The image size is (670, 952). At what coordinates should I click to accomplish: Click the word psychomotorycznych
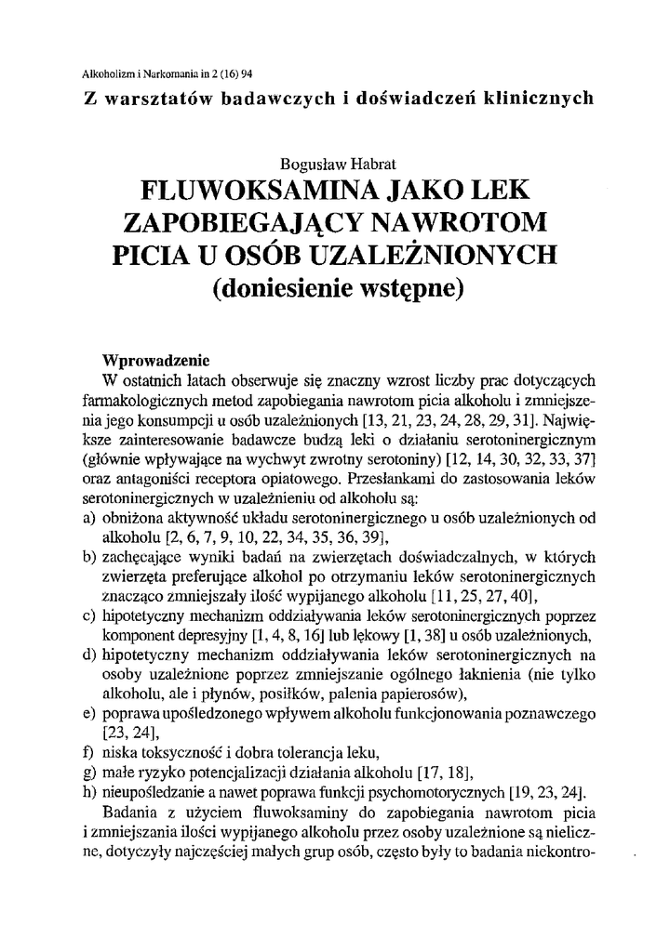(432, 791)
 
